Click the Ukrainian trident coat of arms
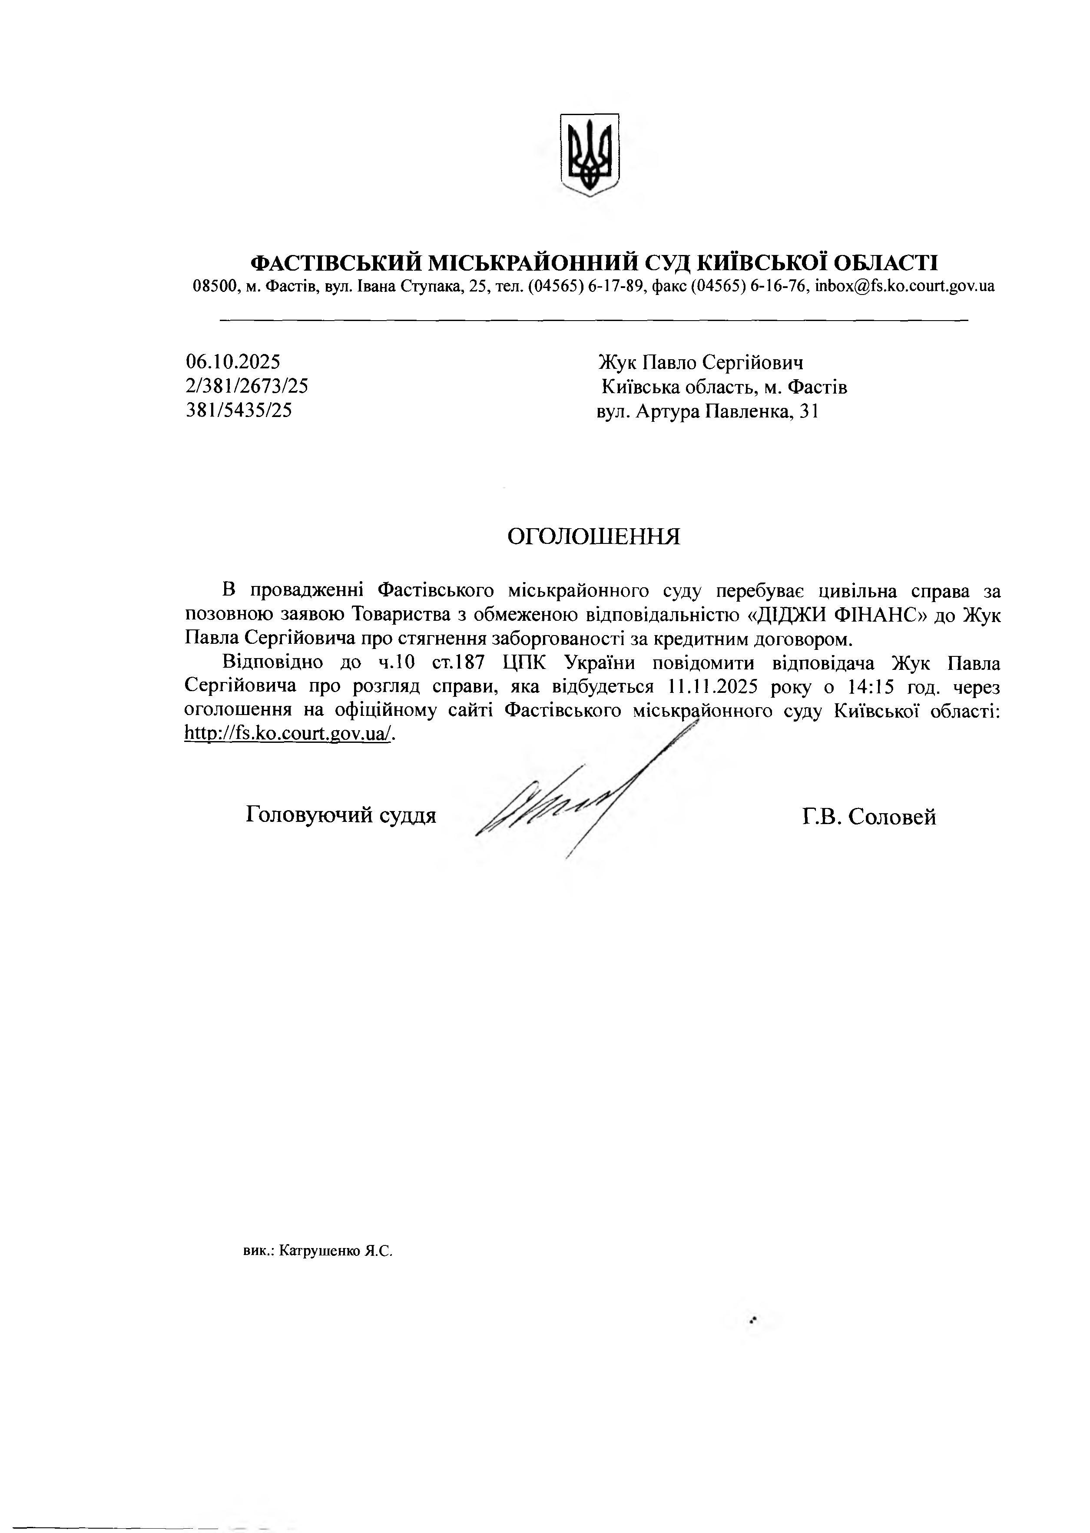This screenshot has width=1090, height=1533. click(x=589, y=154)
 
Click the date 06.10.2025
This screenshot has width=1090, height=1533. click(x=233, y=362)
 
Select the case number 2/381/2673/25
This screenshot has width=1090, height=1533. click(x=247, y=386)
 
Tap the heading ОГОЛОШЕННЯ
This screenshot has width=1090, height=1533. click(x=593, y=536)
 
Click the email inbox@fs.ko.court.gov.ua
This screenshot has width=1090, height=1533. click(x=905, y=286)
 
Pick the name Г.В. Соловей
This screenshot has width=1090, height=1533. click(x=868, y=817)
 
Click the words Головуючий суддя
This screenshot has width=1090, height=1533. click(x=341, y=815)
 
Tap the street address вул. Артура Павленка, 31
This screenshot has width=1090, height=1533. click(x=707, y=411)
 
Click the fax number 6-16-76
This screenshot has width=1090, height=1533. click(x=778, y=286)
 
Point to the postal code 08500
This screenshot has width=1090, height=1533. click(x=212, y=286)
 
